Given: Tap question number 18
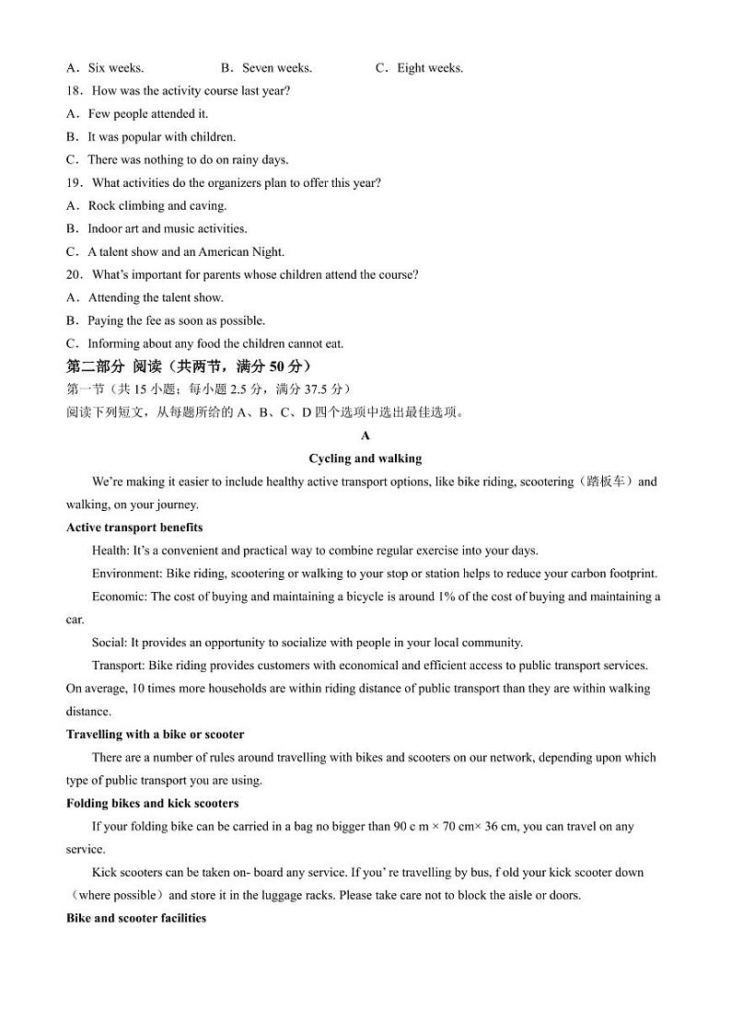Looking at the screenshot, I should coord(75,91).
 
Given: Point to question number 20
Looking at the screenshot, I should coord(75,275).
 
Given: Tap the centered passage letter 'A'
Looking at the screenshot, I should coord(365,435).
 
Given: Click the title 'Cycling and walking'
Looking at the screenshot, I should coord(365,458).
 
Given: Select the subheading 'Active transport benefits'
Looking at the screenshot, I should coord(134,528).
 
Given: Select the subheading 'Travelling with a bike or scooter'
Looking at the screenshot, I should coord(155,735).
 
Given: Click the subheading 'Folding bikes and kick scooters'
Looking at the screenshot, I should coord(152,804).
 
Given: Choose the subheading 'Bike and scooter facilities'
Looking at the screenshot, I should coord(136,919).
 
